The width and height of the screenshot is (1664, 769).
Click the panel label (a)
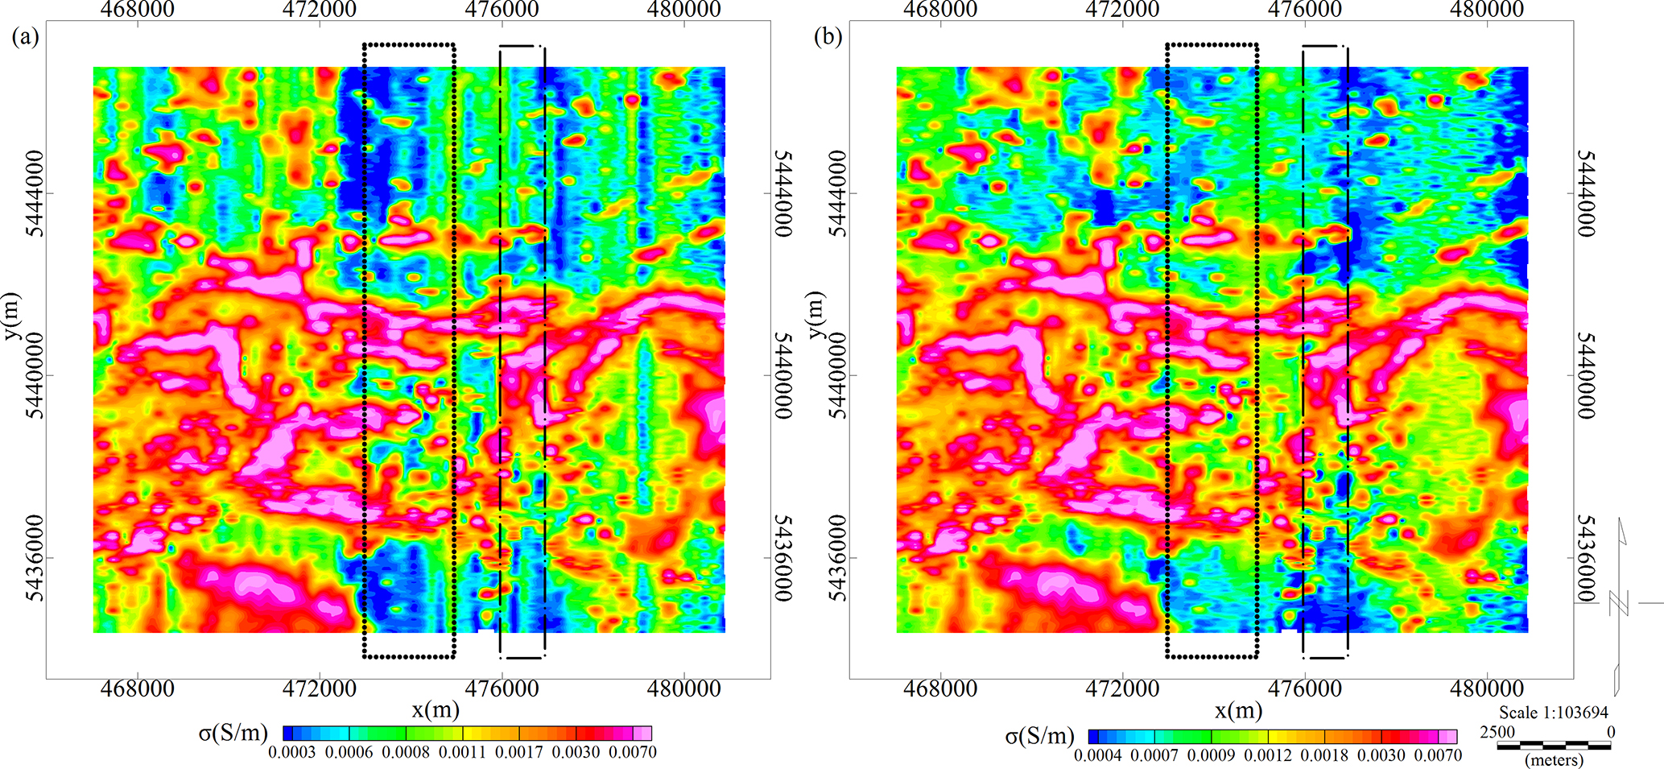pos(25,38)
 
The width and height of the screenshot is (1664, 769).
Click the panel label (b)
pos(828,38)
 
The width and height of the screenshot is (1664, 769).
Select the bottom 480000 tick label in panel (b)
pos(1485,689)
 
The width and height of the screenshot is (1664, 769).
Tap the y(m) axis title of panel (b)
pos(818,316)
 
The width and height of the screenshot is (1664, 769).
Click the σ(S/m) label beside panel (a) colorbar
pos(233,733)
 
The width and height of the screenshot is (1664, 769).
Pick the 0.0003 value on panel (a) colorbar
pos(291,753)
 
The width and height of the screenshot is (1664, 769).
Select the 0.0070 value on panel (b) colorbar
pos(1437,755)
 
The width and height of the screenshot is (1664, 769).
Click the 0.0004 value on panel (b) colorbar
pos(1098,755)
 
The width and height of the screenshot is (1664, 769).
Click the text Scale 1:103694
pos(1553,713)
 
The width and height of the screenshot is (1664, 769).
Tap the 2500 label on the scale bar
pos(1497,732)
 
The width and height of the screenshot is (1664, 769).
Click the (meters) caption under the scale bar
pos(1554,759)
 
